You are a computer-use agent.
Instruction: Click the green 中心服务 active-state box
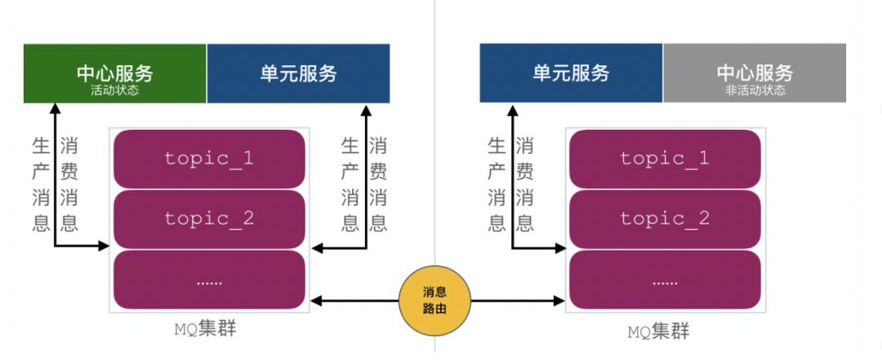114,73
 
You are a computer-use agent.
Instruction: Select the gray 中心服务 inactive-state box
754,73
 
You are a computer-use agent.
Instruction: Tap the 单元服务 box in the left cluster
298,73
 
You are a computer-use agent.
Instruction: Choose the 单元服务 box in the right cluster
571,73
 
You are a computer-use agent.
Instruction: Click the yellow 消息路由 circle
434,302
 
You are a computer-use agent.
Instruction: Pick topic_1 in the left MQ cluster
209,158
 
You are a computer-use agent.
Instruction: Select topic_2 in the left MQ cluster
209,219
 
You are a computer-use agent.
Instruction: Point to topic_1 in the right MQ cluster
665,158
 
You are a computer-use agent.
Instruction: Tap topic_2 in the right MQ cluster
665,219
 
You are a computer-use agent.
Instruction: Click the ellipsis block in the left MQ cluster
209,280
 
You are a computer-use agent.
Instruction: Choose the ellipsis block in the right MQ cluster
665,280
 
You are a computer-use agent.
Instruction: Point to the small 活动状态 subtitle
114,90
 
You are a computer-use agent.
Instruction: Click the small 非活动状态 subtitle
754,91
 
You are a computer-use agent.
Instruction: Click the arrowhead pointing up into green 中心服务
55,108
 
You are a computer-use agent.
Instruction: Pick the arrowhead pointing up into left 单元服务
365,108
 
